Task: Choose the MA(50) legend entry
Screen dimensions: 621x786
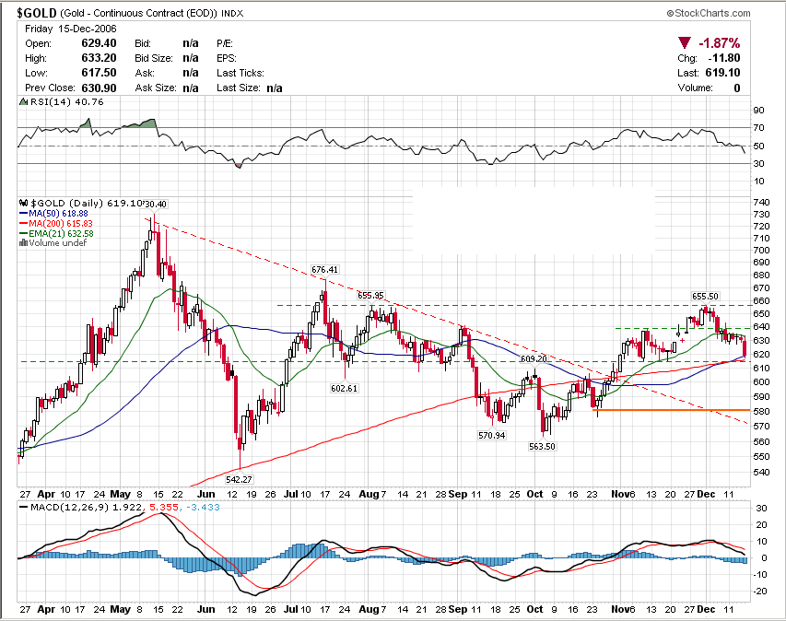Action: pyautogui.click(x=49, y=214)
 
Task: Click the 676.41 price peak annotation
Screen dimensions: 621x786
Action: pyautogui.click(x=325, y=269)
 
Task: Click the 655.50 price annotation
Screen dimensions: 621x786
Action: pyautogui.click(x=706, y=297)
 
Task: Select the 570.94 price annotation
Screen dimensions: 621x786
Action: pyautogui.click(x=493, y=434)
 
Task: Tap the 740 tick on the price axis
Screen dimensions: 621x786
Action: pyautogui.click(x=761, y=202)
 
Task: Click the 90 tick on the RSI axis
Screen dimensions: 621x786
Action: pyautogui.click(x=758, y=110)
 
